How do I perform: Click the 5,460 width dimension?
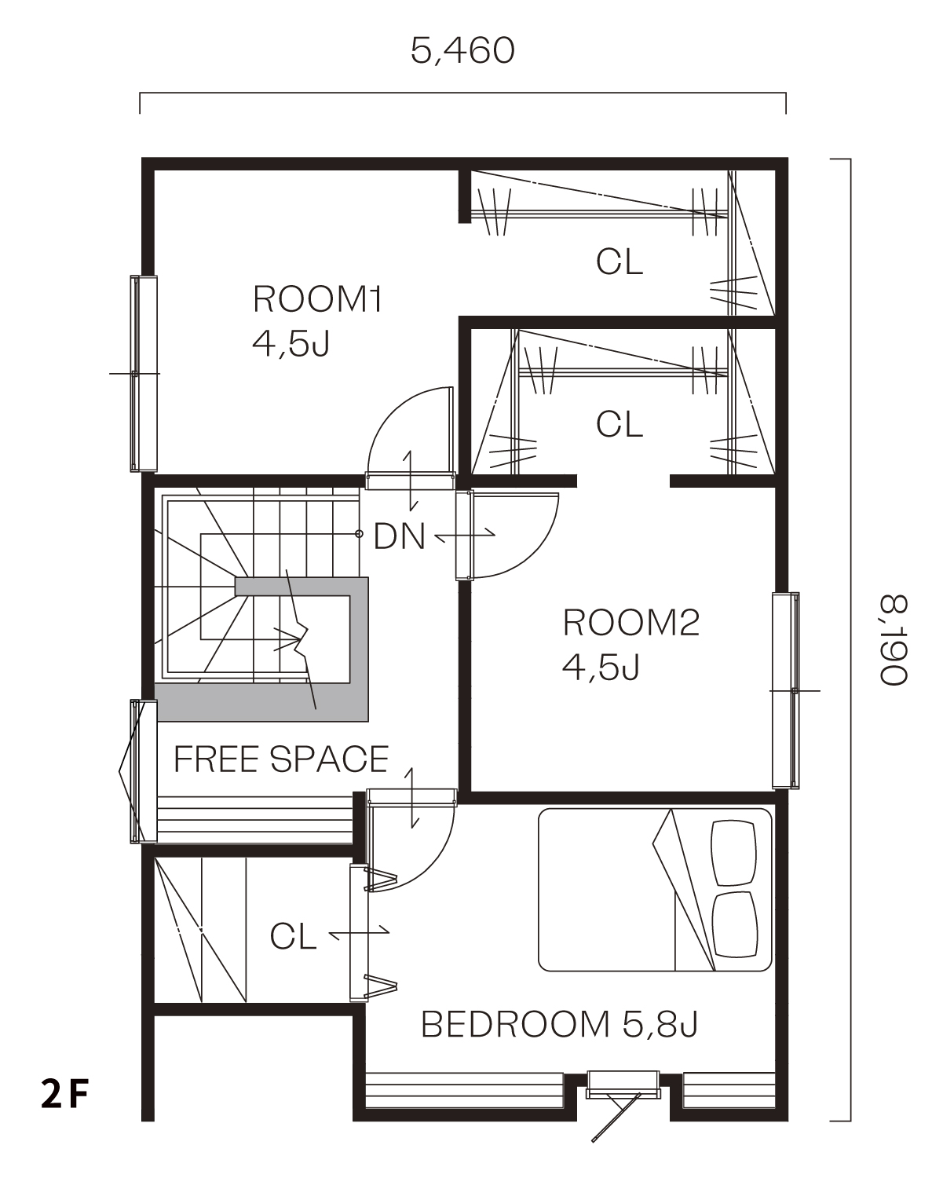point(462,51)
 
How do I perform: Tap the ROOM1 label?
point(317,300)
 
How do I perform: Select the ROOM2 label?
point(631,623)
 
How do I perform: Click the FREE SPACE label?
point(281,759)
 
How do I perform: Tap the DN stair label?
point(399,536)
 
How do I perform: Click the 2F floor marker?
point(64,1094)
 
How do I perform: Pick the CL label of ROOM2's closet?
point(619,424)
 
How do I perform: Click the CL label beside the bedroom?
point(294,936)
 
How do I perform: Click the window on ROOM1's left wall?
point(144,373)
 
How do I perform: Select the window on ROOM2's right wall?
point(785,690)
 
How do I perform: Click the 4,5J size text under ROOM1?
point(291,345)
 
